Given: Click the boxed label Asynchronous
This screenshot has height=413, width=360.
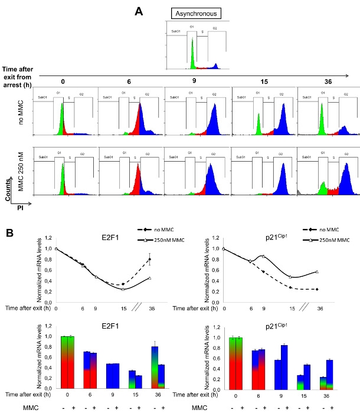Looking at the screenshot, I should tap(196, 14).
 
